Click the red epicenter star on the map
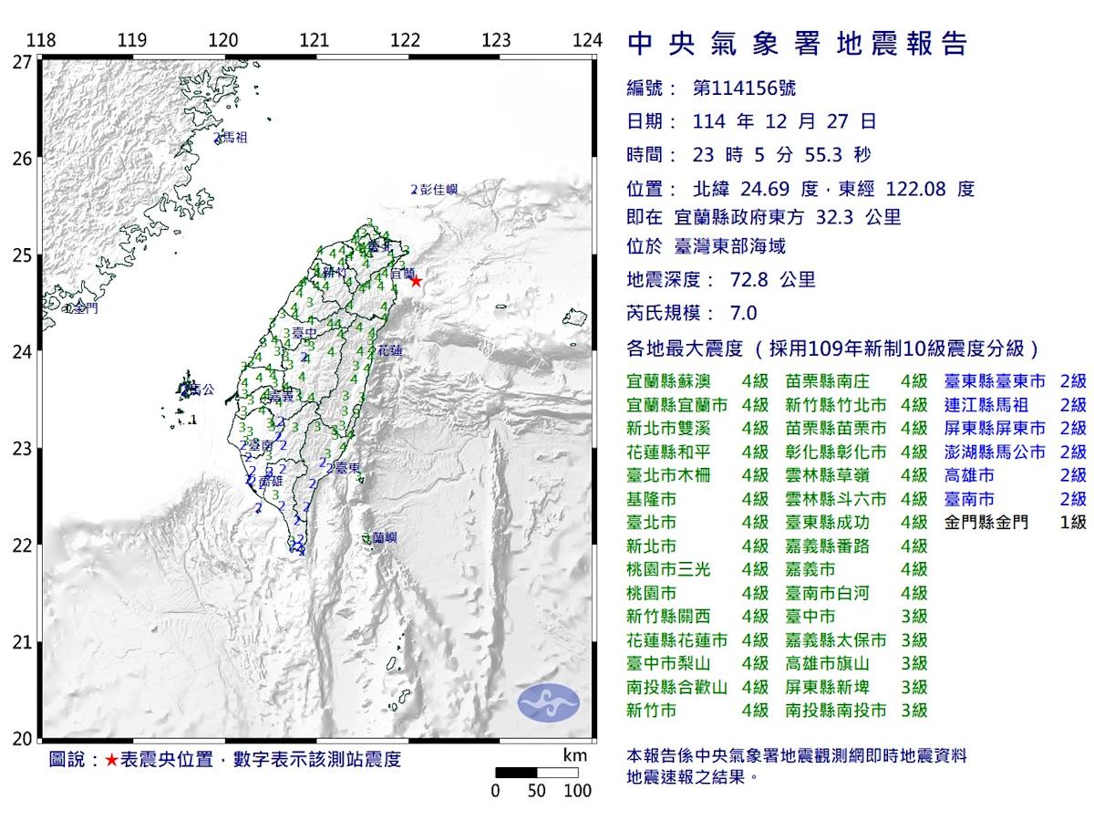(x=416, y=281)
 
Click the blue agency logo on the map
(x=549, y=701)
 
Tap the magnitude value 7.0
(x=744, y=313)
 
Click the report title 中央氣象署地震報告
(x=798, y=43)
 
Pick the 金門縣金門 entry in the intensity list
(x=986, y=522)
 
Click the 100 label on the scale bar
(x=578, y=791)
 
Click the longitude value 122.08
(x=916, y=189)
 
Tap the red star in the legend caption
(x=111, y=760)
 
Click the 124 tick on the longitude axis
(x=588, y=40)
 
